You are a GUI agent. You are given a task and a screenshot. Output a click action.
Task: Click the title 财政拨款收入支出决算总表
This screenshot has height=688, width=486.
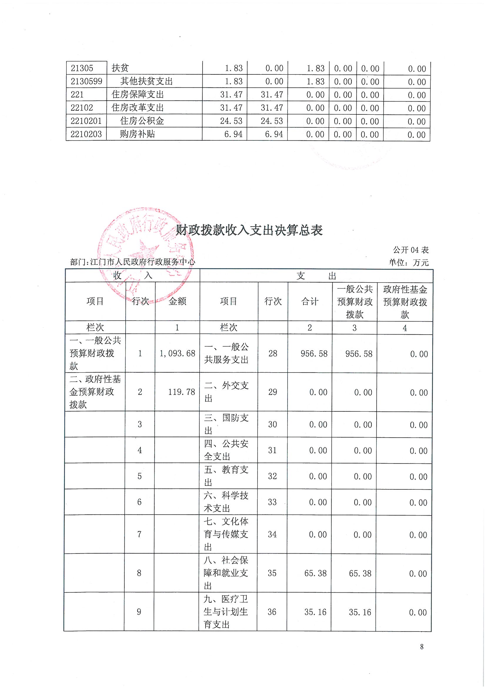(249, 230)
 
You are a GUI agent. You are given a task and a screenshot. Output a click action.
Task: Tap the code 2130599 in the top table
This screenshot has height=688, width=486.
(86, 81)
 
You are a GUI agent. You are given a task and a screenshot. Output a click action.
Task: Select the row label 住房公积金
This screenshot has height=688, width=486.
(142, 121)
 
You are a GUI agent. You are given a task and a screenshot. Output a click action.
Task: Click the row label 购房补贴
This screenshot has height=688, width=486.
(137, 134)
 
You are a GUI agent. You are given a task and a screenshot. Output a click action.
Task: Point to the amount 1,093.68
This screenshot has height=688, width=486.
(177, 354)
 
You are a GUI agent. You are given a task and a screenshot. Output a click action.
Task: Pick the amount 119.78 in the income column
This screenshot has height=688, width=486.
(181, 392)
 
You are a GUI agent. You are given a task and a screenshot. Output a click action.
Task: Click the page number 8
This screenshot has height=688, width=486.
(422, 647)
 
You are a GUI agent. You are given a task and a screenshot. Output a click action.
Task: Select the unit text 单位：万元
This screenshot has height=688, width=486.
(409, 262)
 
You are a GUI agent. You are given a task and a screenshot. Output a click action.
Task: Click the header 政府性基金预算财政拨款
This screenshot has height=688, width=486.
(405, 302)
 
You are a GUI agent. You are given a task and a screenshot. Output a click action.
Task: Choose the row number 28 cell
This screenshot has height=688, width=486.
(273, 354)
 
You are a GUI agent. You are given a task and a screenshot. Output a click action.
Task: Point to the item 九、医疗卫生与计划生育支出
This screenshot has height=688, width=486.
(226, 611)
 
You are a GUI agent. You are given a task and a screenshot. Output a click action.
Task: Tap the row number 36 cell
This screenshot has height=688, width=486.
(272, 611)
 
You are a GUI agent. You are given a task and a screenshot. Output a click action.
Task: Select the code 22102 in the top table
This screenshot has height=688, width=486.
(82, 108)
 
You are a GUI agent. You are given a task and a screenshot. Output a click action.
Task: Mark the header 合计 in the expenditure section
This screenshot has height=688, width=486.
(310, 301)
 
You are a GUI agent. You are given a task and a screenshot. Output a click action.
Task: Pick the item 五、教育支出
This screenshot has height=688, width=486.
(226, 476)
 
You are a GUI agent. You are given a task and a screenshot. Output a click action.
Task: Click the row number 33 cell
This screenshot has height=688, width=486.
(272, 502)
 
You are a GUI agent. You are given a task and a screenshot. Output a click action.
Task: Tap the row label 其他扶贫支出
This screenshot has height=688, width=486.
(146, 81)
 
